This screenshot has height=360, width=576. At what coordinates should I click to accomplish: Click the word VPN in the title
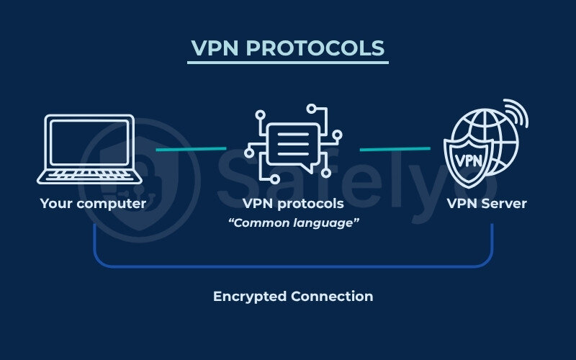click(x=215, y=48)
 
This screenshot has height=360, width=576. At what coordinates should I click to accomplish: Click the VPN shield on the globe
click(x=470, y=157)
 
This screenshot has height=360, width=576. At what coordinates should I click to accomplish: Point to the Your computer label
click(x=93, y=204)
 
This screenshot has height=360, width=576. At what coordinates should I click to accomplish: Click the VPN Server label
click(x=487, y=204)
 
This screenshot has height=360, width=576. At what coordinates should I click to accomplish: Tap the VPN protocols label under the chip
click(x=293, y=204)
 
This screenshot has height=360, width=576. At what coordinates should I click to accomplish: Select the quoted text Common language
click(x=293, y=223)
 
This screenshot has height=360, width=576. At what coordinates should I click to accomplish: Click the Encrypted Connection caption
click(x=293, y=297)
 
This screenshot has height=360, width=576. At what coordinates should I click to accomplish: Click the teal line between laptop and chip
click(x=191, y=149)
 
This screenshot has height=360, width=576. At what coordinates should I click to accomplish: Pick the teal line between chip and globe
click(x=395, y=149)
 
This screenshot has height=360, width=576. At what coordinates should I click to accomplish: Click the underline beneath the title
click(x=288, y=63)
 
